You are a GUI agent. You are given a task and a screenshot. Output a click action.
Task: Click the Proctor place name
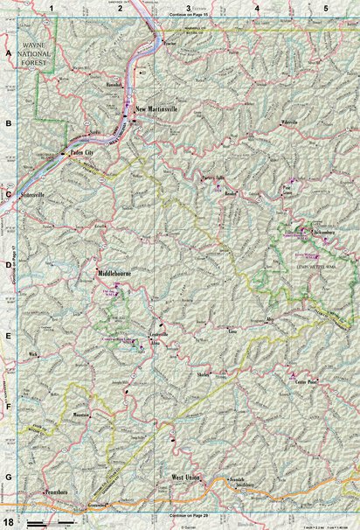(x=172, y=42)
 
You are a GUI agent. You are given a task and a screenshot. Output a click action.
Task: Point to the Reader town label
(x=232, y=192)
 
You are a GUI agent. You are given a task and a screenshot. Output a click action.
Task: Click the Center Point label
(x=304, y=383)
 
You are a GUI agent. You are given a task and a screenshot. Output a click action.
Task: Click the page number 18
(x=8, y=522)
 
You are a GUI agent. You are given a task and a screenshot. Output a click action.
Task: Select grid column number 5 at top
(x=325, y=8)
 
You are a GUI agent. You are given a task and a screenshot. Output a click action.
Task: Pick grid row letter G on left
(x=8, y=478)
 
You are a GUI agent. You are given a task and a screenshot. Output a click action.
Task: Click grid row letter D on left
(x=8, y=265)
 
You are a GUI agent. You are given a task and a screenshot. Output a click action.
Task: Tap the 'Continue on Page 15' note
(x=182, y=16)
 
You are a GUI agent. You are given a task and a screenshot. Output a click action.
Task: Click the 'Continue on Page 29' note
(x=183, y=516)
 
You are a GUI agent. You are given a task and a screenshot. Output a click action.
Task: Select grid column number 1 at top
(x=52, y=8)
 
